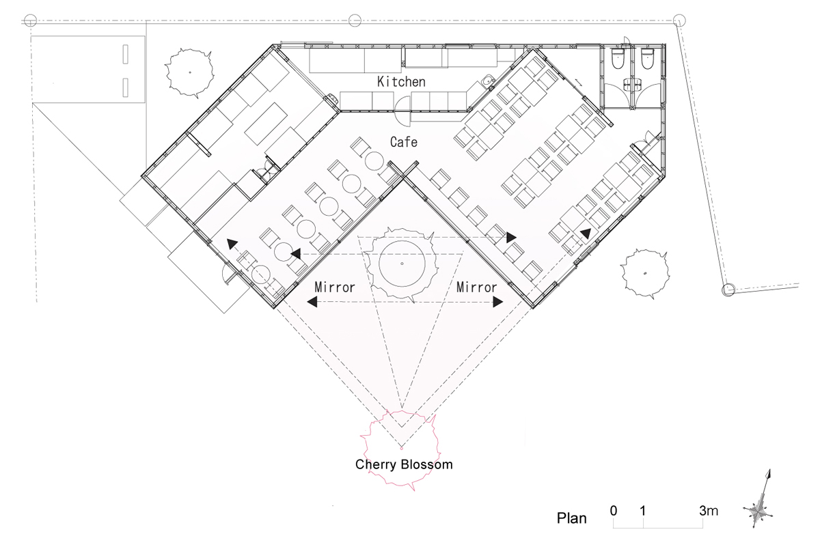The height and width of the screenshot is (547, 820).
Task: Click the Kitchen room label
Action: [x=401, y=81]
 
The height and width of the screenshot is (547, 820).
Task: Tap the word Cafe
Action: [x=403, y=142]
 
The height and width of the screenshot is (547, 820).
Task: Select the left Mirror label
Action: [x=335, y=287]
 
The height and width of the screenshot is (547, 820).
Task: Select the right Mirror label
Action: [x=476, y=287]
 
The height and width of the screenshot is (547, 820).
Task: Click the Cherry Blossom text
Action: [x=404, y=464]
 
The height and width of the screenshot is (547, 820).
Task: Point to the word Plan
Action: [x=571, y=518]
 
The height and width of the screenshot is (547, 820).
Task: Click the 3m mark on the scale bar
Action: [x=709, y=510]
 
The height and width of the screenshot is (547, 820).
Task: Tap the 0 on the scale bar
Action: [x=614, y=510]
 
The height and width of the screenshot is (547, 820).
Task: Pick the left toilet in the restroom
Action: [x=617, y=59]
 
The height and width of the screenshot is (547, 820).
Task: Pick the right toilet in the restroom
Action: [x=647, y=59]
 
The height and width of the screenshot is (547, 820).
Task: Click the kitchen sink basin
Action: [x=488, y=81]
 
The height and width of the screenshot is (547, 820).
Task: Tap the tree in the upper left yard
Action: [x=189, y=73]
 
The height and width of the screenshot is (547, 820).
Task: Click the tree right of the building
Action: [x=644, y=273]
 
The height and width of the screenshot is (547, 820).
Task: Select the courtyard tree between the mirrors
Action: [x=402, y=263]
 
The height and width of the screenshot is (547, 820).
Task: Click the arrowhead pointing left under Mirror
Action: [x=312, y=302]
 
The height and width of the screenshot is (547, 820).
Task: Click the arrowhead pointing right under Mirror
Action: [x=498, y=302]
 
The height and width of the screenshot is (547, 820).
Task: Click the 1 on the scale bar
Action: [x=643, y=510]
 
